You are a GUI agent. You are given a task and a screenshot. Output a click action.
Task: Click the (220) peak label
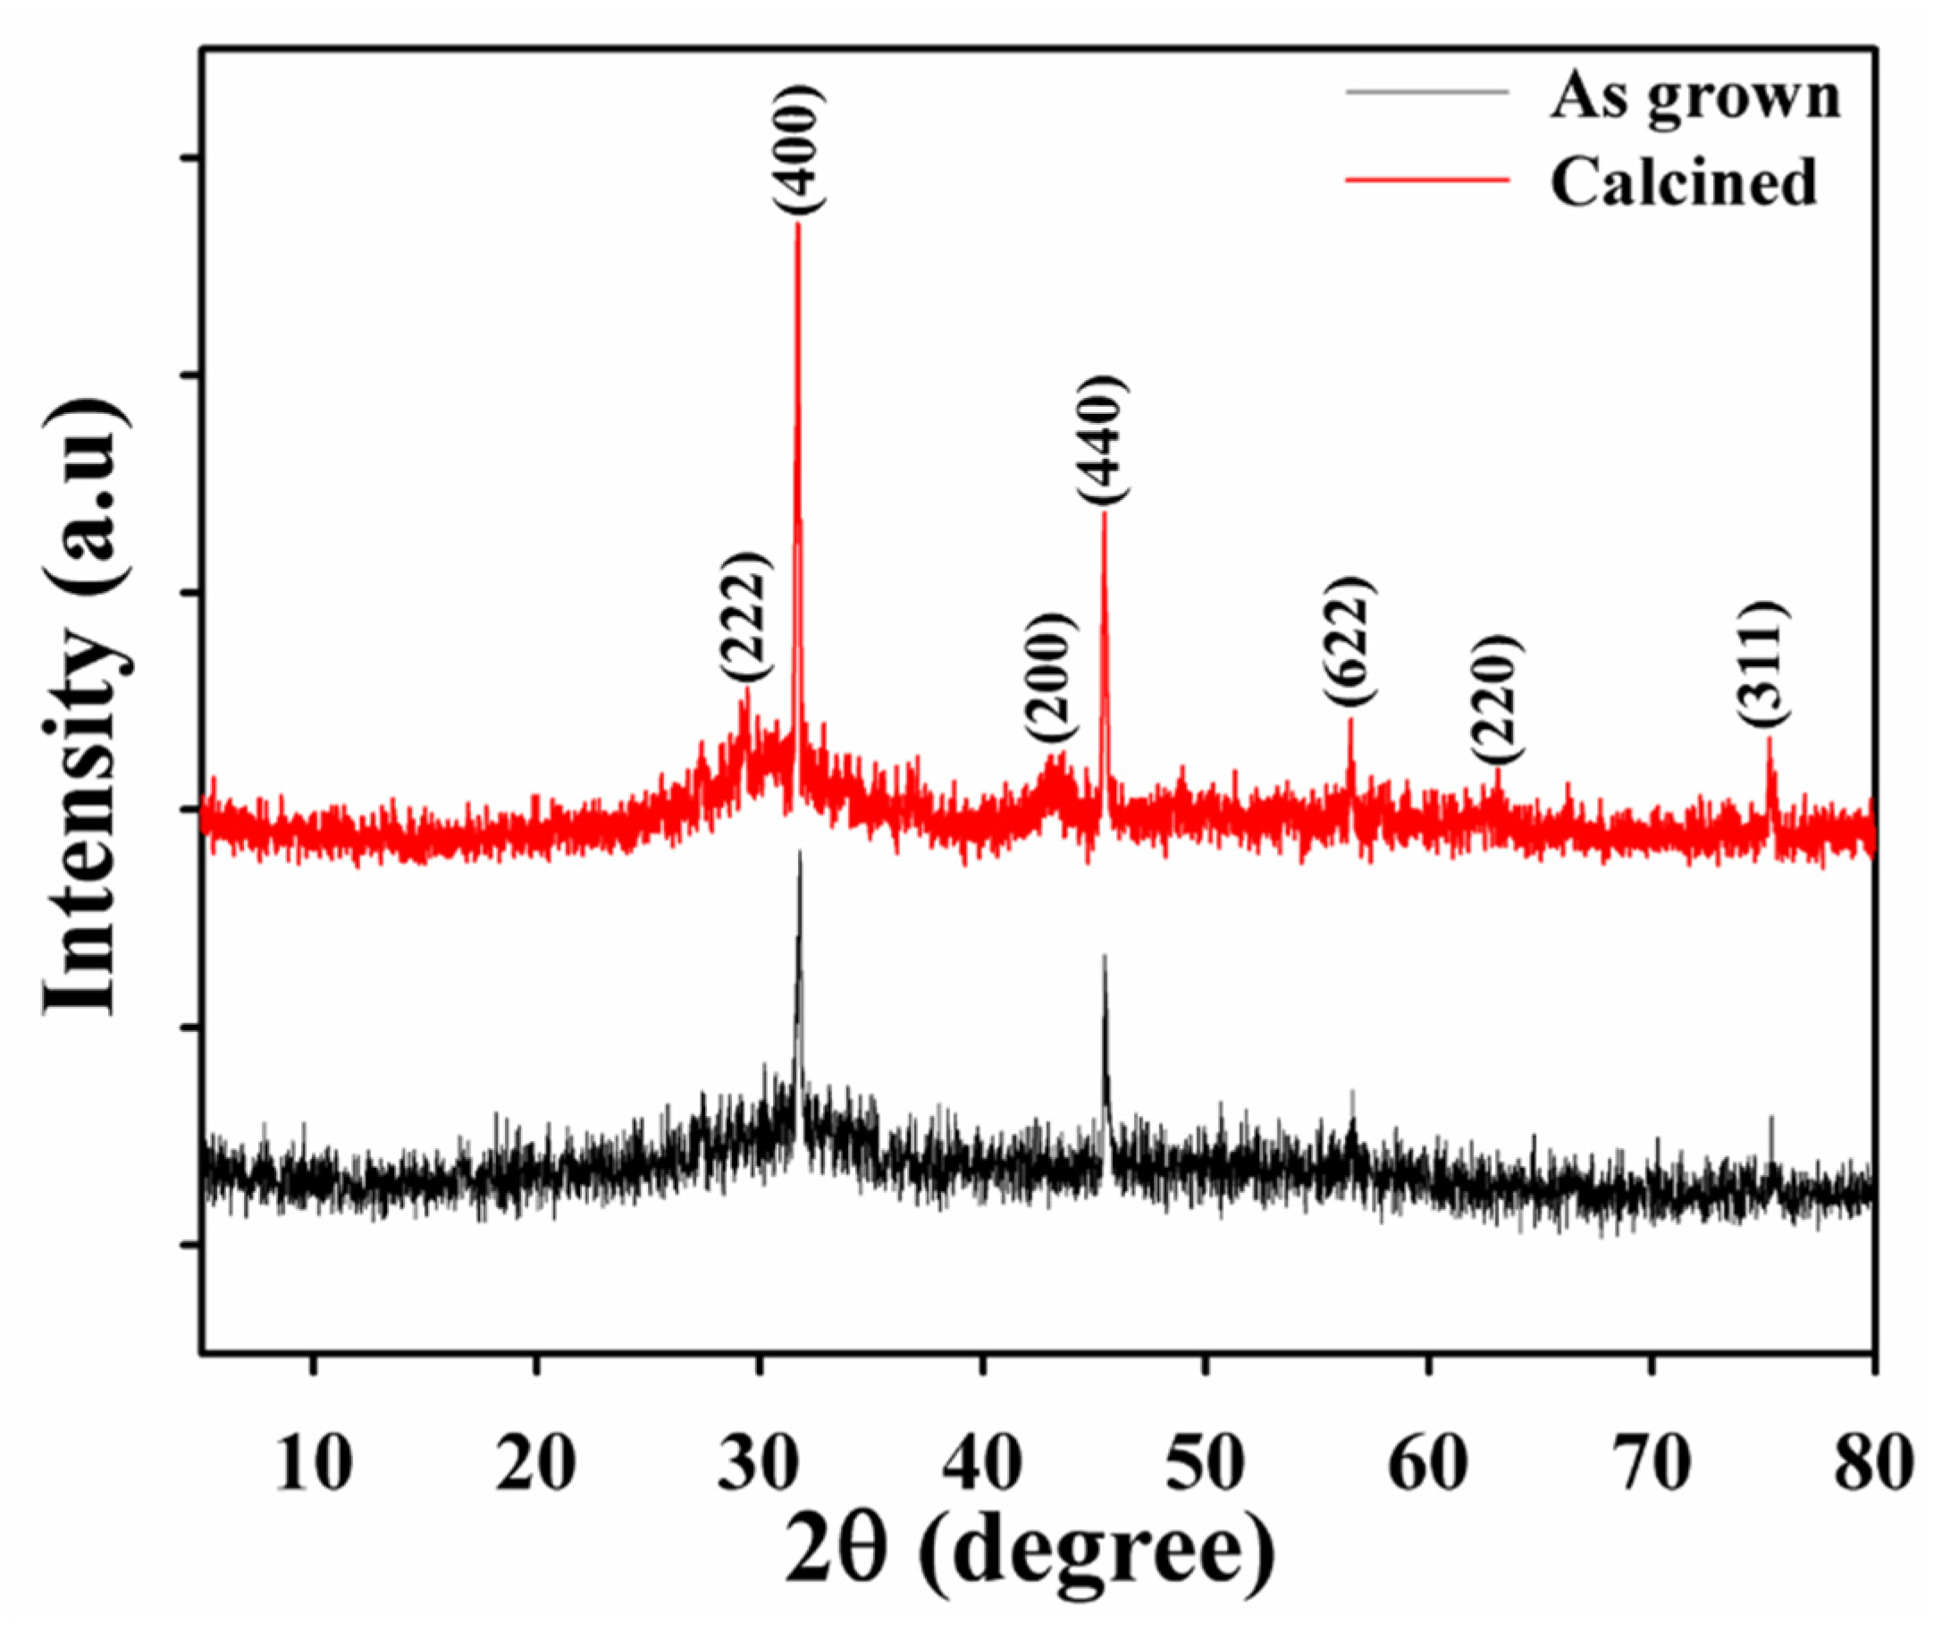coord(1499,699)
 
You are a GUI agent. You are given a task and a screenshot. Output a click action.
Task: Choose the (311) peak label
coord(1765,663)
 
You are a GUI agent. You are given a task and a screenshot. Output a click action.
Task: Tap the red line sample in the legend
coord(1427,178)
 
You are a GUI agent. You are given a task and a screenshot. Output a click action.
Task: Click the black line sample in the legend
coord(1427,92)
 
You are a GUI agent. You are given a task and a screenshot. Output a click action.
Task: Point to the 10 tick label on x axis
coord(314,1465)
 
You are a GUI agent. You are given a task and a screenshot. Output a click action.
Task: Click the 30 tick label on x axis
coord(760,1465)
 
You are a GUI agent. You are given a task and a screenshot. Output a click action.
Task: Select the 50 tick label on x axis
coord(1206,1465)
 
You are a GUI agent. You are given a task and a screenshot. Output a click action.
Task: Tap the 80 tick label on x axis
coord(1872,1465)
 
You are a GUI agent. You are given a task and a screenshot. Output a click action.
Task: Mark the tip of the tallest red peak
coord(797,224)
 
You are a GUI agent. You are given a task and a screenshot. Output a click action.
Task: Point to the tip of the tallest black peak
coord(799,852)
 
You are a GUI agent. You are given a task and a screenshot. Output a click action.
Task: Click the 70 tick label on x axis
coord(1652,1465)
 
